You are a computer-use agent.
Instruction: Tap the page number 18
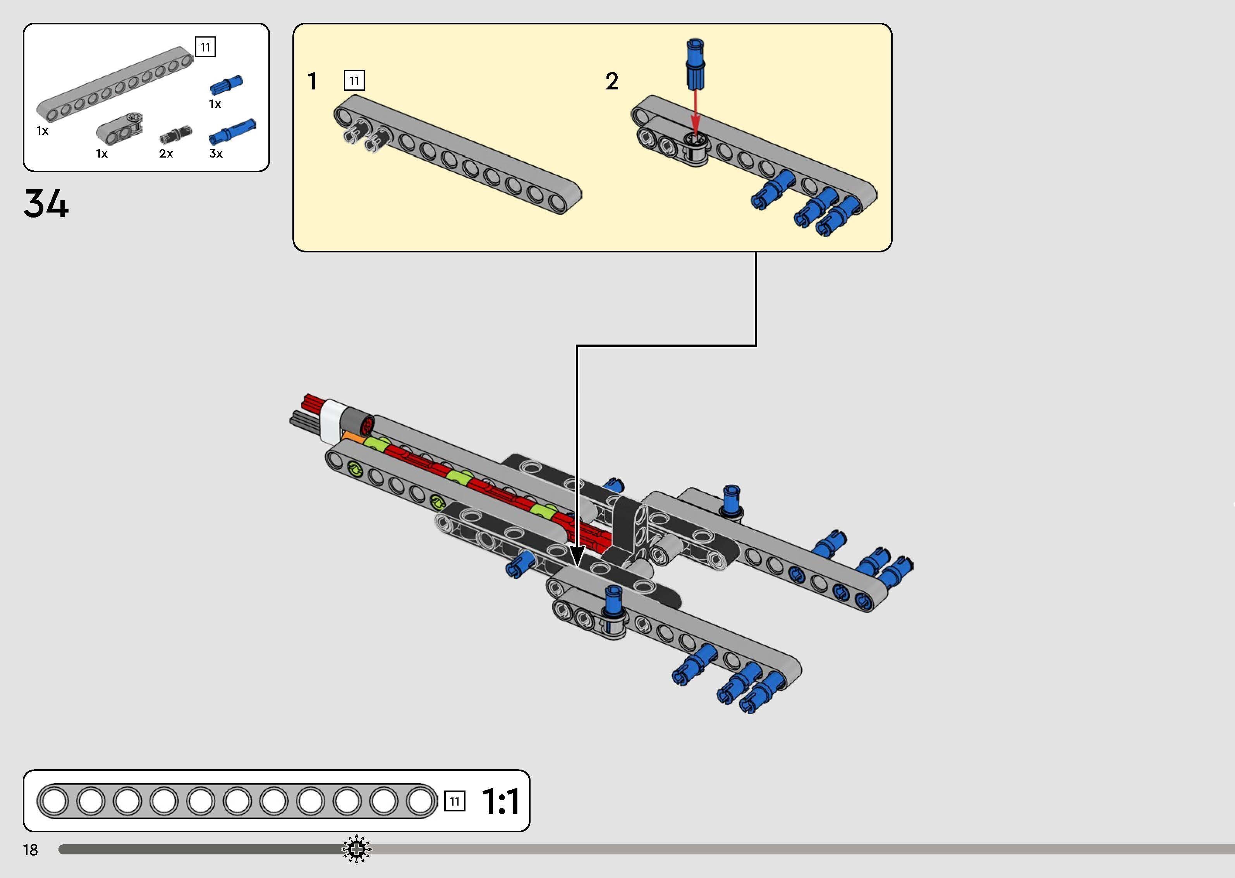[x=30, y=850]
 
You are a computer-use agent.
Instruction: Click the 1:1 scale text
[x=501, y=801]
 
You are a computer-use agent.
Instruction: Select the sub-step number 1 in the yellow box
[x=312, y=82]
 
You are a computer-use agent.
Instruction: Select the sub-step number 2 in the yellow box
[x=611, y=82]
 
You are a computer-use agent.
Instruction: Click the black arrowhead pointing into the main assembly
[x=577, y=556]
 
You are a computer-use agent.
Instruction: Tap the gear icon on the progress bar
[x=356, y=849]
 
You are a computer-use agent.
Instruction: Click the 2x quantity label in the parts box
[x=166, y=154]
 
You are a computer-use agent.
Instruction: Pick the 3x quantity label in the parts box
[x=216, y=154]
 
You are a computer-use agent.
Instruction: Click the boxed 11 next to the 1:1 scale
[x=454, y=801]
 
